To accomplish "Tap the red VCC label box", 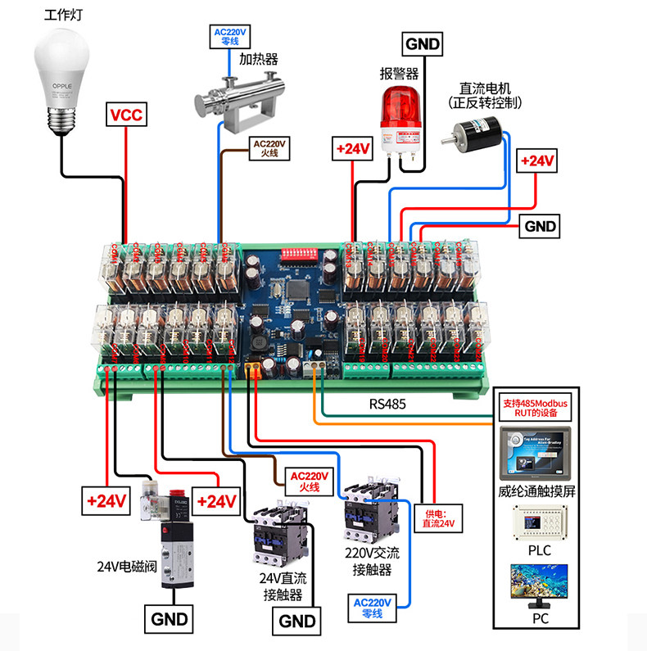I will (126, 115).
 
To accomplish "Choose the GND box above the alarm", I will (422, 43).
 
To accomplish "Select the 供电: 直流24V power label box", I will (437, 518).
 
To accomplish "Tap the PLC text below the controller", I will (540, 550).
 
